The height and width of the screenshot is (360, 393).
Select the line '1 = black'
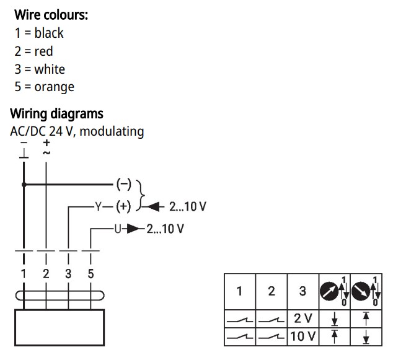pyautogui.click(x=39, y=33)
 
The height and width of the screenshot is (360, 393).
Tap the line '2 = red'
pyautogui.click(x=34, y=51)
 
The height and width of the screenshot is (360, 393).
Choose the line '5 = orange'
pyautogui.click(x=44, y=87)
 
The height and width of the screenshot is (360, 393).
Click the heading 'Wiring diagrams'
pyautogui.click(x=56, y=114)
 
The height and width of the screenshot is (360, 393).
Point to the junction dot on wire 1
pyautogui.click(x=24, y=184)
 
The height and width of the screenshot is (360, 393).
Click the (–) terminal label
pyautogui.click(x=123, y=184)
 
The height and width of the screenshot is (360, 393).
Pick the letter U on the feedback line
pyautogui.click(x=116, y=229)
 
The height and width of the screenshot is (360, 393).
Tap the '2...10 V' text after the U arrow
pyautogui.click(x=165, y=229)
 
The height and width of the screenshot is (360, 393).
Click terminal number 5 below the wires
pyautogui.click(x=91, y=273)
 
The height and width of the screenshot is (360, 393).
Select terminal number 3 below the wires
pyautogui.click(x=68, y=273)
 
